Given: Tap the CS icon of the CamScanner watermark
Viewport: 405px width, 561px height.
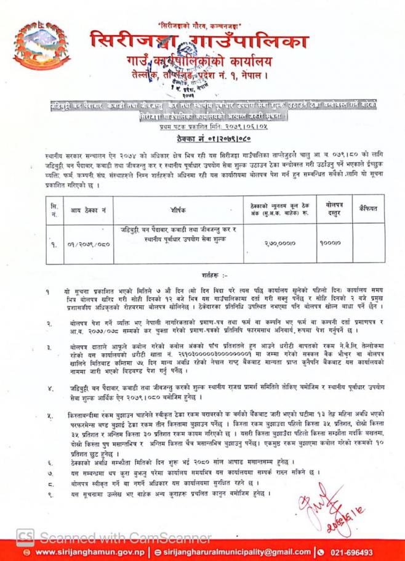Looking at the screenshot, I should coord(25,534).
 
